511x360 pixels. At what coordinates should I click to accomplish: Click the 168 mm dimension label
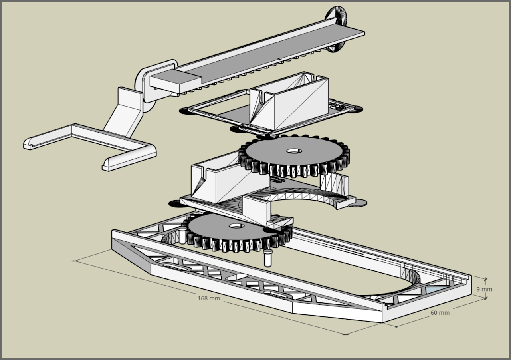[x=208, y=298]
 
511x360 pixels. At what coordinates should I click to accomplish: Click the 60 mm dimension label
[x=440, y=313]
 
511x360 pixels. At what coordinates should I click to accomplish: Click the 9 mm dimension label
[x=484, y=289]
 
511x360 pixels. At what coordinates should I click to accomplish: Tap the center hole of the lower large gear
[x=236, y=226]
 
